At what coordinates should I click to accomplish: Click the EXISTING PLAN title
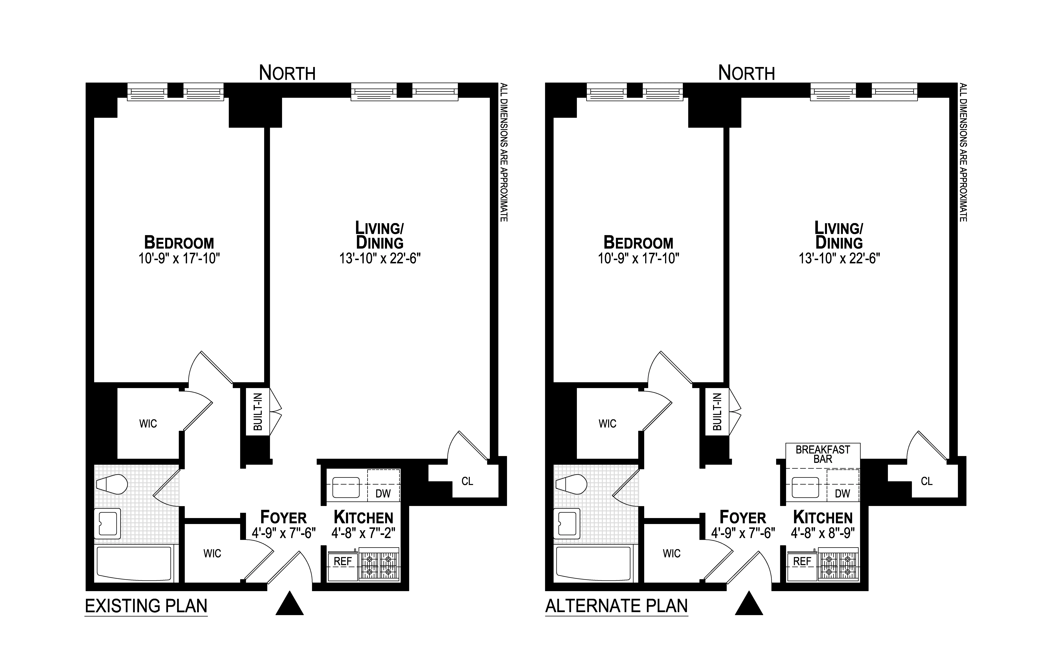click(146, 606)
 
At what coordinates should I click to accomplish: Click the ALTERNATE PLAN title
click(616, 606)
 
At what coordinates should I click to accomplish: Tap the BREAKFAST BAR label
click(822, 454)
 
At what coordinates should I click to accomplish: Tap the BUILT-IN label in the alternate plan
click(717, 412)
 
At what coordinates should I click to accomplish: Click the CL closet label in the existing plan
click(467, 481)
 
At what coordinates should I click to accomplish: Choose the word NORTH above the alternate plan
click(746, 73)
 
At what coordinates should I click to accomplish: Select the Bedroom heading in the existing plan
click(179, 242)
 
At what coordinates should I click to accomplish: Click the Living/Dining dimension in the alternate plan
click(839, 259)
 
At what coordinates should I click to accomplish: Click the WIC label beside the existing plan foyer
click(212, 553)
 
